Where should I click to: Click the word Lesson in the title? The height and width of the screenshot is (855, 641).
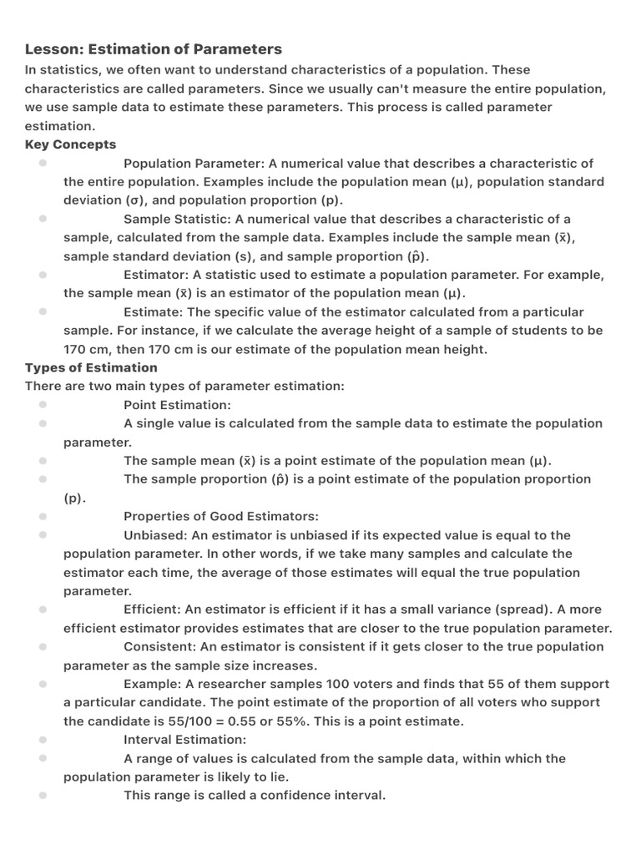[52, 49]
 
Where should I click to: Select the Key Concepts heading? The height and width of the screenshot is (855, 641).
[71, 144]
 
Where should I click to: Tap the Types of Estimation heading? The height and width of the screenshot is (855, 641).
[91, 367]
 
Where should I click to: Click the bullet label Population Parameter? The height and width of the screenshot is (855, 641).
[193, 163]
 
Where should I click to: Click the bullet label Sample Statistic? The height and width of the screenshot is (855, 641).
[178, 219]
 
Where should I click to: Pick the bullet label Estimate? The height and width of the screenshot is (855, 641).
[154, 311]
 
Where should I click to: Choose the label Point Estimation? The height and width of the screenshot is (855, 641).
[177, 405]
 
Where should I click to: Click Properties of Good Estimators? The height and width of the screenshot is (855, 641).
[221, 517]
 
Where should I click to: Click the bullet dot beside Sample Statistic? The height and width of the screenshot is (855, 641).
[42, 219]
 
